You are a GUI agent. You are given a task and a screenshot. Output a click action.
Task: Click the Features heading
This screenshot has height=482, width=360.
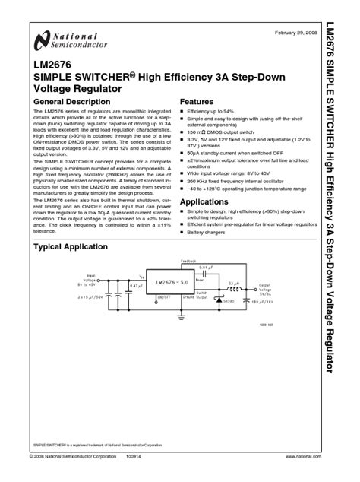[x=197, y=101]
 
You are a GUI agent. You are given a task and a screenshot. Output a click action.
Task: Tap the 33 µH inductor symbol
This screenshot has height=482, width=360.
[x=235, y=289]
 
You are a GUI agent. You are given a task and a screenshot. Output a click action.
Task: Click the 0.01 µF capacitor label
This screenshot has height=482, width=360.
[x=207, y=267]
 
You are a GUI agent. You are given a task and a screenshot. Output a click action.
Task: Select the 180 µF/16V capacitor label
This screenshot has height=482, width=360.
[x=263, y=301]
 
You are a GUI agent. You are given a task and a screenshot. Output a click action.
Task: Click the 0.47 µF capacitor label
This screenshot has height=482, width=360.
[x=136, y=285]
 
